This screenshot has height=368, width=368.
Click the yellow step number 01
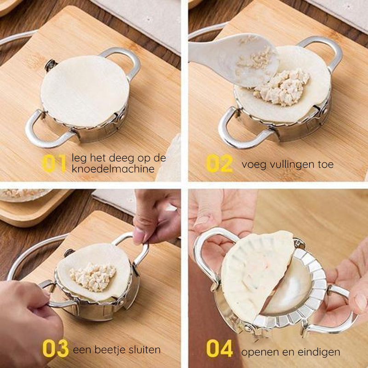pos(54,163)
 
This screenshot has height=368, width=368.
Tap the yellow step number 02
pos(219,163)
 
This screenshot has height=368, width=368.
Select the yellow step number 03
pos(55,349)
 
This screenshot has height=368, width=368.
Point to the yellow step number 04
pos(219,349)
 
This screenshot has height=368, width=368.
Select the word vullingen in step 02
pos(285,164)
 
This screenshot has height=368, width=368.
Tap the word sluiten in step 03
pos(144,350)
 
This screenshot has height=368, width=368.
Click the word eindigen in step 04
pos(317,352)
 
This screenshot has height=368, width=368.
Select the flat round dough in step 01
pos(85,90)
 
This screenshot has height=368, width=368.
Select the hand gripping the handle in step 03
pos(28,322)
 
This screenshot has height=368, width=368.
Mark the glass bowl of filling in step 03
pos(23,194)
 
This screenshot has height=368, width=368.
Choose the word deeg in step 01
pos(117,158)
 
